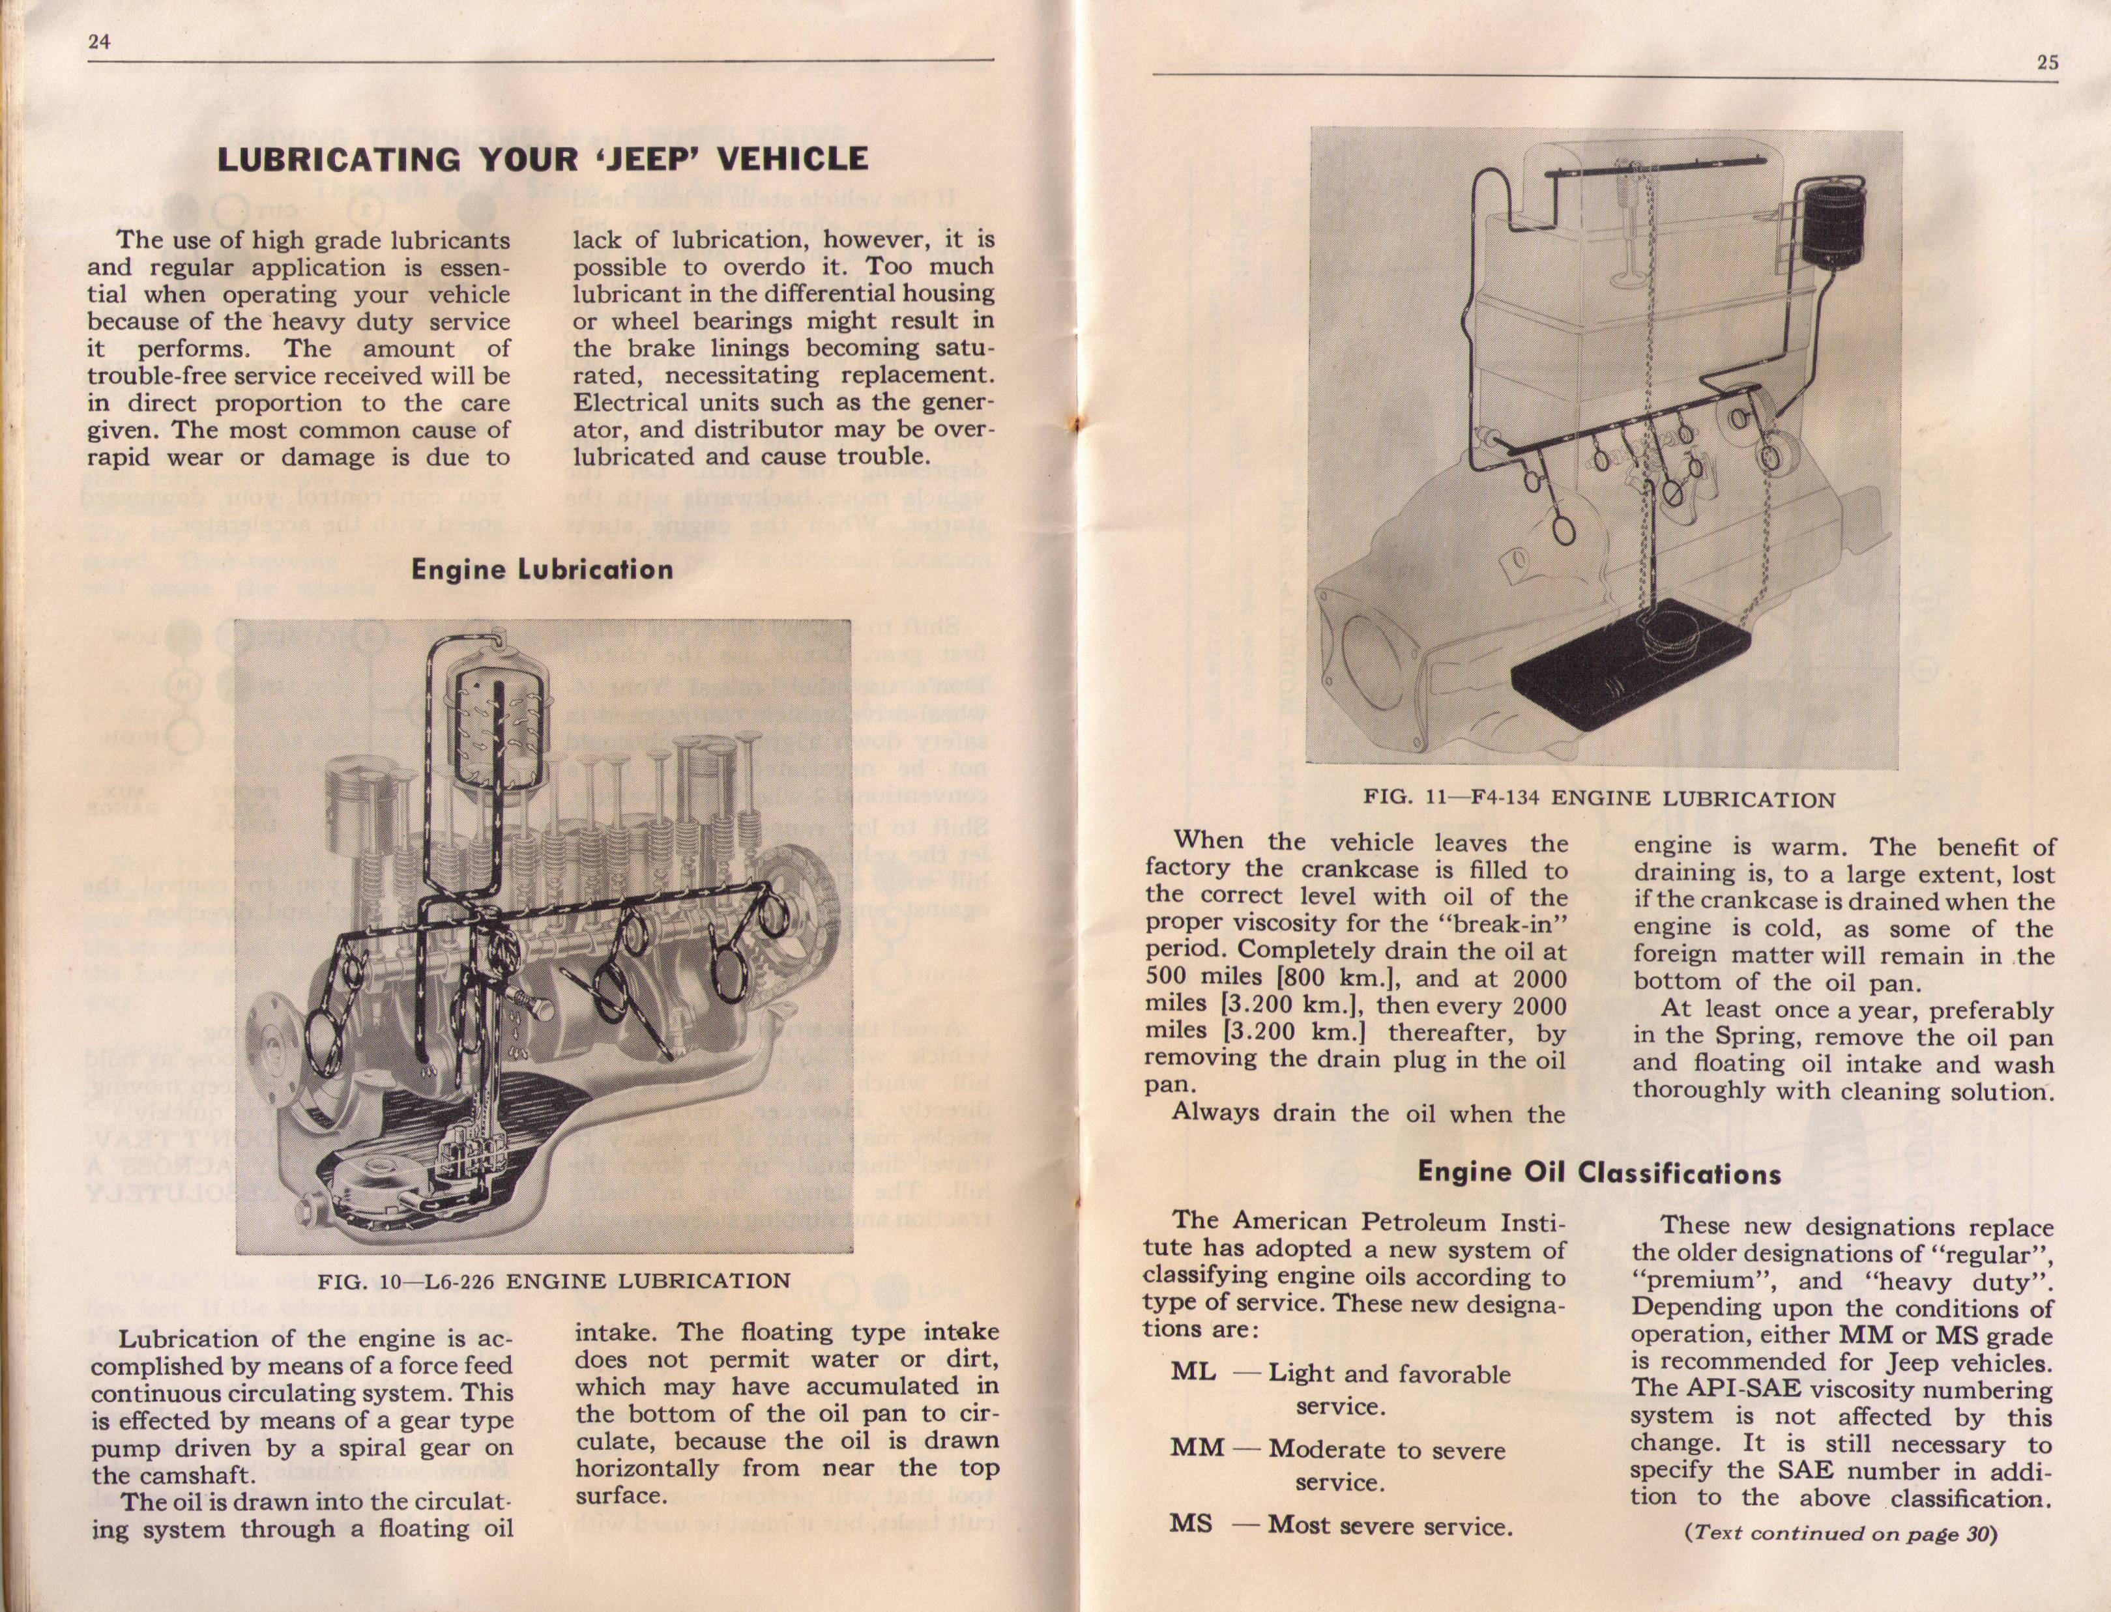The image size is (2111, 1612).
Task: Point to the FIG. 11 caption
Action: tap(1599, 798)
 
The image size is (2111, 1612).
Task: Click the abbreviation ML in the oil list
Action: tap(1193, 1372)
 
